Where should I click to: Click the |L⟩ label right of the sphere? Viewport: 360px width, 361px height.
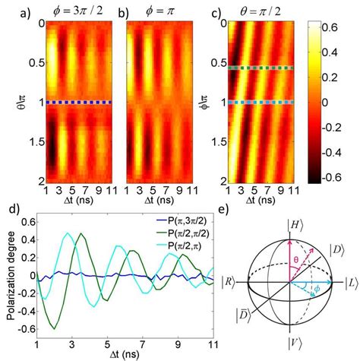[349, 280]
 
